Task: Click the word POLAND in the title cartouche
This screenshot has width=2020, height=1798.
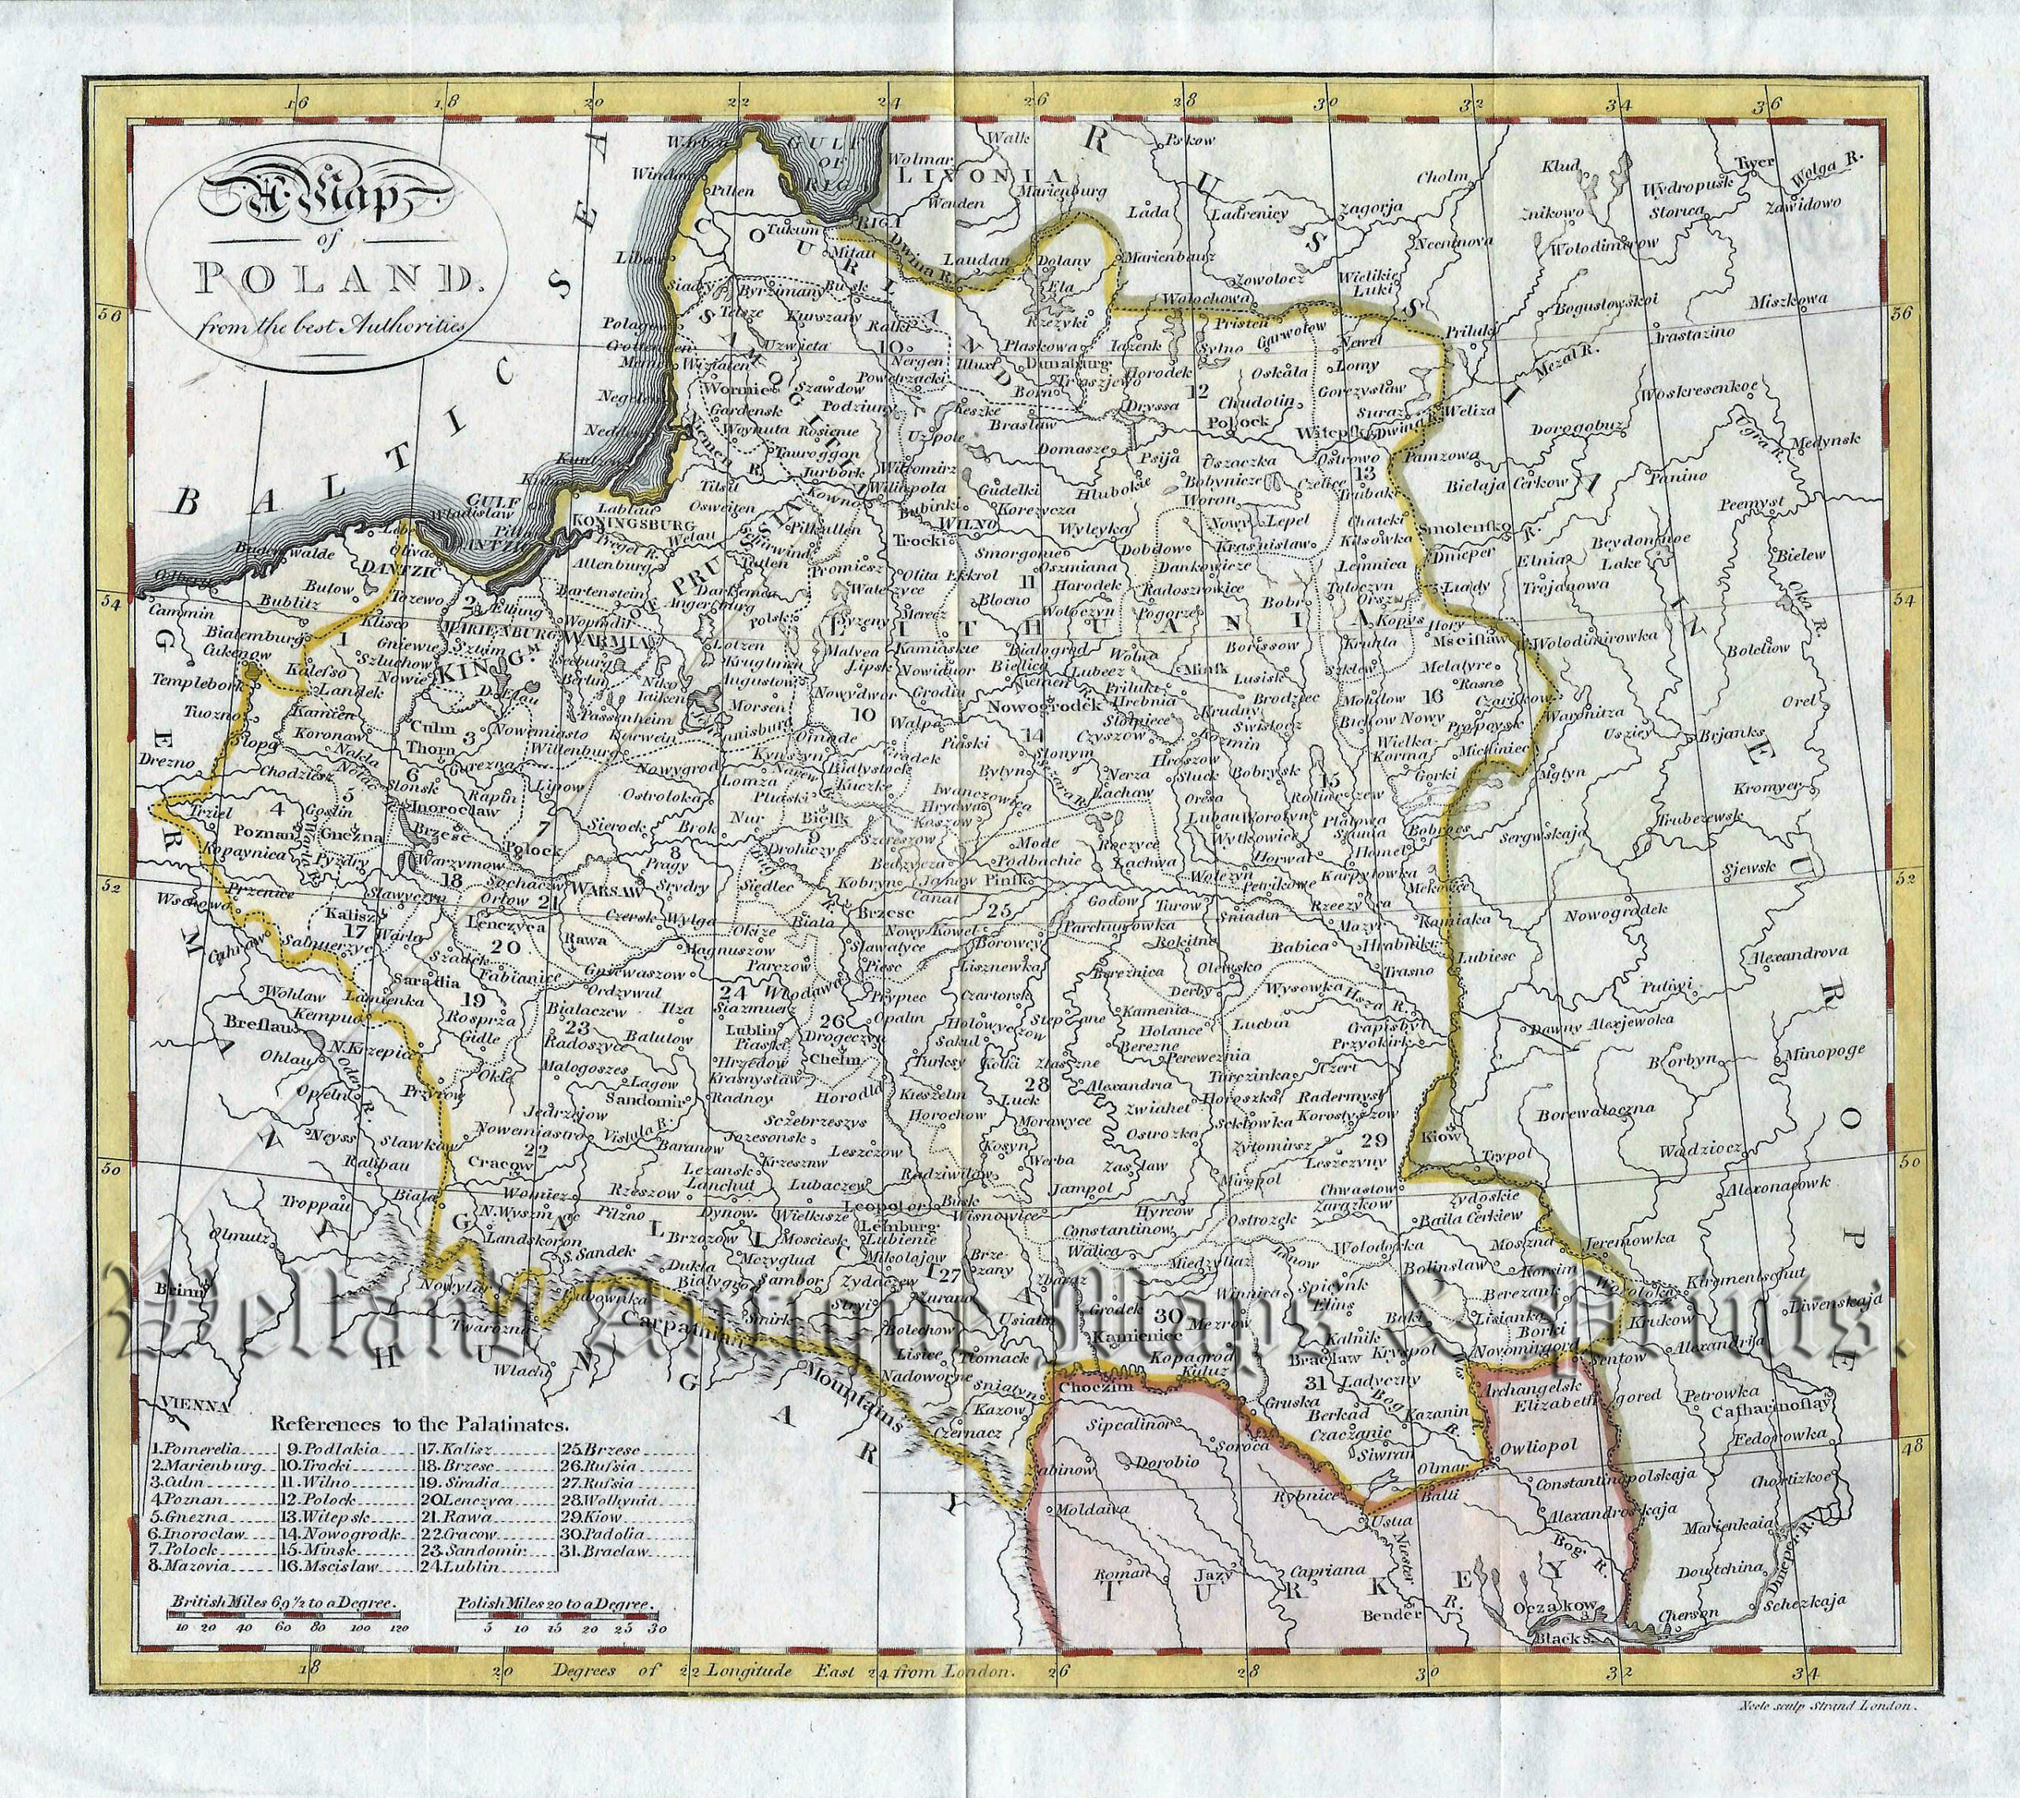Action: coord(331,275)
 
